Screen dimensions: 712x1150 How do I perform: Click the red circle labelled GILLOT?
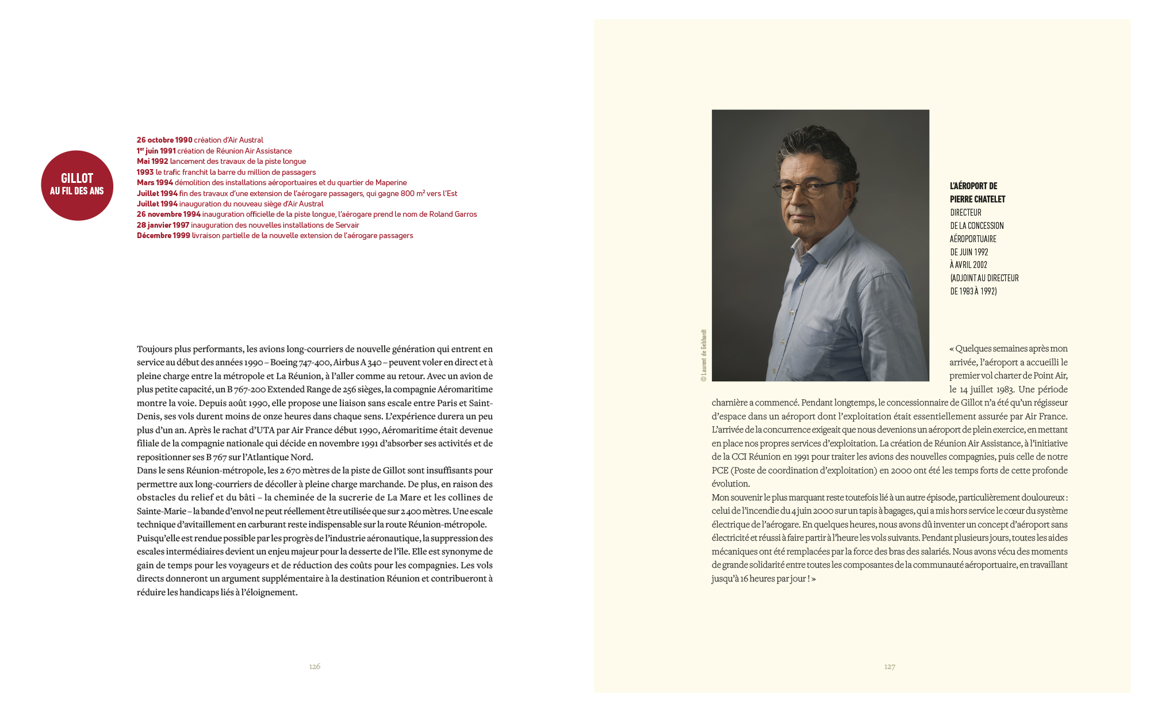(77, 185)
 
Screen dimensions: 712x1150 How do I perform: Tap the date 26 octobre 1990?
(164, 140)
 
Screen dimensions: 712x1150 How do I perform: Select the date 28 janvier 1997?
(163, 225)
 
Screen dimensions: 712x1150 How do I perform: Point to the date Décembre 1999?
(163, 235)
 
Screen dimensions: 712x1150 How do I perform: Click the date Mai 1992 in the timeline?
(152, 161)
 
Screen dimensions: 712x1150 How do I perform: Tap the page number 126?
(315, 666)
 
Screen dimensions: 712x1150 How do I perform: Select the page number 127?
(890, 667)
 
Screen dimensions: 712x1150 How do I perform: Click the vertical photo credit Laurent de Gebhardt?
(703, 355)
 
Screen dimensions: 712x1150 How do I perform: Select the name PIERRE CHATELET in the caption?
(977, 199)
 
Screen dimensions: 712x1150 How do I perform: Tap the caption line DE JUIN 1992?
(969, 252)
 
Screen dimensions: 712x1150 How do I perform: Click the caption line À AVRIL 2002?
(968, 265)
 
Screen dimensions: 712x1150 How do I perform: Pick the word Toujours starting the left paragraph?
(155, 349)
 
